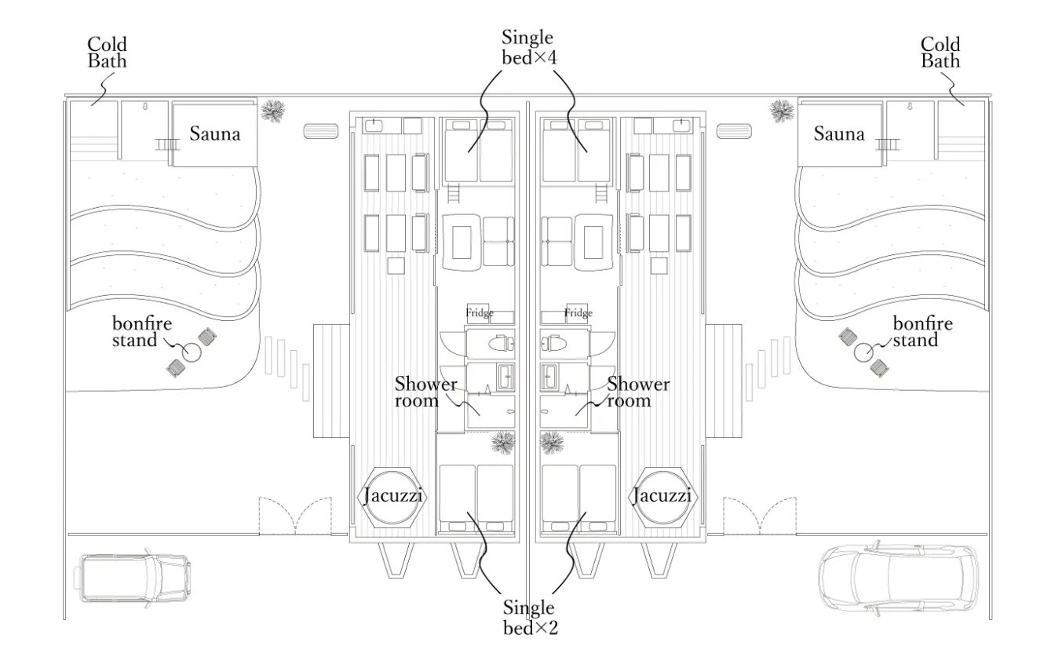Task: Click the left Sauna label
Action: pos(214,133)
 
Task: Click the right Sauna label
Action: pos(838,133)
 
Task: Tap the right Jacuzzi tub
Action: pos(662,496)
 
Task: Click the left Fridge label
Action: pos(480,313)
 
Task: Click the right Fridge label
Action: pos(578,313)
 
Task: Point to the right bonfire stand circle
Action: pos(864,352)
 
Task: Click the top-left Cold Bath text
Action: pos(107,52)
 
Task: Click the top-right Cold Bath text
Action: pos(940,52)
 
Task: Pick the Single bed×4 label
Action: pos(527,47)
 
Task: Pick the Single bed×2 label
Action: pos(528,617)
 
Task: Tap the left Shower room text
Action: pos(425,392)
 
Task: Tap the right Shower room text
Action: pos(638,392)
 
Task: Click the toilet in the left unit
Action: pos(499,344)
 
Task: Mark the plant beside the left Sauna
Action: pos(273,111)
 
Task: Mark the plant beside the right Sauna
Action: pos(782,111)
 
